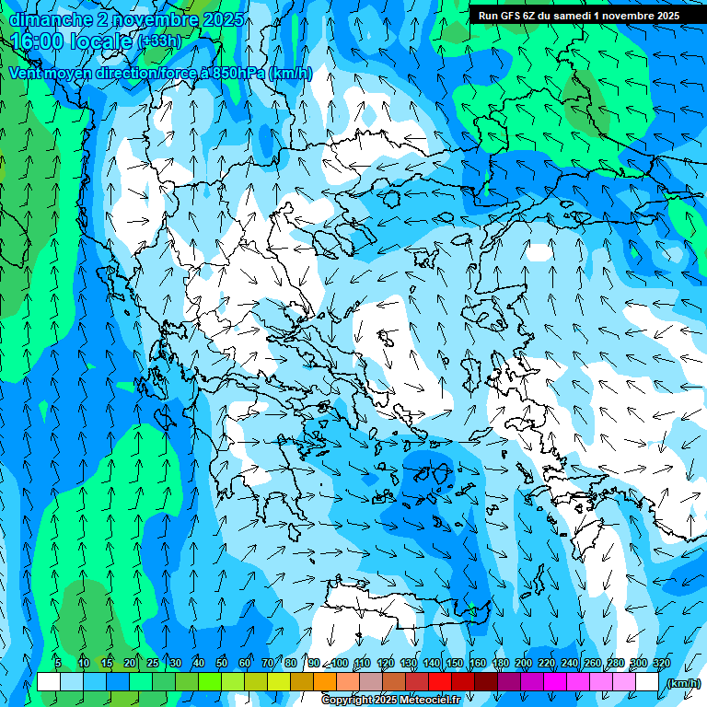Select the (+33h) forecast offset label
(x=159, y=41)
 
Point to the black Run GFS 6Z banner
(x=579, y=15)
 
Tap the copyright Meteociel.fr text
(x=390, y=701)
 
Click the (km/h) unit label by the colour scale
(x=683, y=683)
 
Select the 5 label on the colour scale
(x=58, y=663)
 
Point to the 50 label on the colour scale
(x=222, y=663)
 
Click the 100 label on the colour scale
(x=340, y=663)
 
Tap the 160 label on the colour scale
(x=477, y=663)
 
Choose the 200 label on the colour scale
(x=524, y=663)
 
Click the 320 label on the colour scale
(x=661, y=663)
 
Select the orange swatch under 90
(x=325, y=682)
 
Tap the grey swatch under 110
(x=371, y=682)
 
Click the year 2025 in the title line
(x=224, y=19)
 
